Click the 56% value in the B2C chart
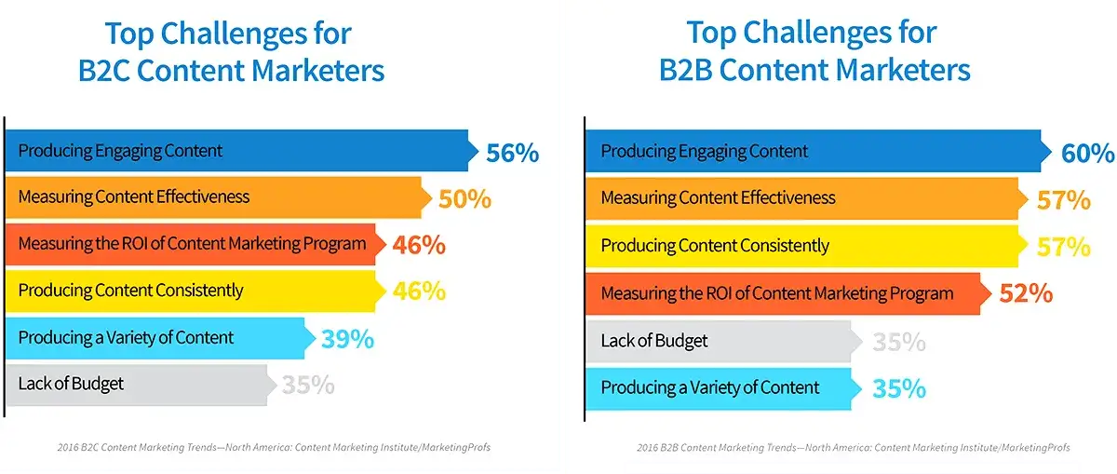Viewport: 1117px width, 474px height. point(512,152)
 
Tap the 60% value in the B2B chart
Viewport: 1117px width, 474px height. point(1087,153)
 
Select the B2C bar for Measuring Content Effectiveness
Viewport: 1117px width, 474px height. point(214,197)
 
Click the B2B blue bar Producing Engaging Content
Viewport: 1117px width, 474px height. point(810,152)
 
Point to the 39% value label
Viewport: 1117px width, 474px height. point(347,339)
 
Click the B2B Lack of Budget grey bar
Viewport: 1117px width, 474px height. point(717,341)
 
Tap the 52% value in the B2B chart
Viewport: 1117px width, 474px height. point(1026,294)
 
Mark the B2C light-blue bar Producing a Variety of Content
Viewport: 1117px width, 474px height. point(154,337)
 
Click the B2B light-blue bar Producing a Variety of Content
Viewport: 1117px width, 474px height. point(717,388)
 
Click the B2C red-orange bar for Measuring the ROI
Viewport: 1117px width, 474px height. point(191,245)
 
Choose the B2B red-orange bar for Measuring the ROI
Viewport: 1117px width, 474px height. point(782,294)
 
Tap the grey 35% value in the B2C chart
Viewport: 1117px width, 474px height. point(308,385)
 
